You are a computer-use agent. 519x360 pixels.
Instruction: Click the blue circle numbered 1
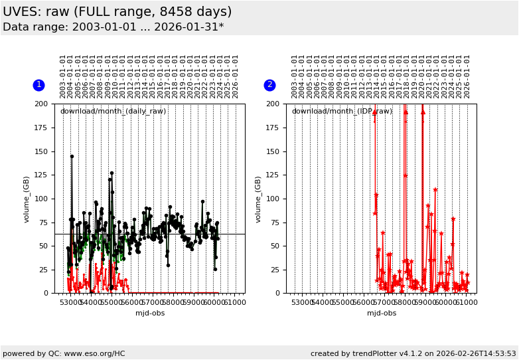click(x=38, y=85)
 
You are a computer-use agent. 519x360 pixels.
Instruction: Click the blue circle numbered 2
click(x=269, y=85)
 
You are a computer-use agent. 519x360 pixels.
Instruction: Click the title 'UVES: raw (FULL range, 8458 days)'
click(x=117, y=12)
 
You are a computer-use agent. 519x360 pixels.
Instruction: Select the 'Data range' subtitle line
click(x=113, y=27)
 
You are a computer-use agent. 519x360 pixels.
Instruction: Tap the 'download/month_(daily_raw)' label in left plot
click(x=113, y=111)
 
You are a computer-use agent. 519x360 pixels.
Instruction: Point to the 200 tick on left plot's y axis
click(x=44, y=104)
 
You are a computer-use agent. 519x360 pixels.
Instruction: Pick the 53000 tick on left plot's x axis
click(x=71, y=303)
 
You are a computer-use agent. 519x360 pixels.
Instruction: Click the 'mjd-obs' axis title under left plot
click(x=150, y=313)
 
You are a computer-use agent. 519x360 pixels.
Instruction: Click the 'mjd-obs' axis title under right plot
click(x=382, y=313)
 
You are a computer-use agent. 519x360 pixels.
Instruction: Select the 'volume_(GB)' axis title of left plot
click(x=27, y=199)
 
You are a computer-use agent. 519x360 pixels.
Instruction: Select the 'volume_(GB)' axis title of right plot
click(x=259, y=199)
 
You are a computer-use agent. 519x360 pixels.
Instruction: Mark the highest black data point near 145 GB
click(x=72, y=157)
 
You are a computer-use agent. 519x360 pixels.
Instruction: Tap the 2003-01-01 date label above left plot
click(x=63, y=76)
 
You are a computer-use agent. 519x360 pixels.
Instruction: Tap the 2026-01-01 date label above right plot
click(x=467, y=76)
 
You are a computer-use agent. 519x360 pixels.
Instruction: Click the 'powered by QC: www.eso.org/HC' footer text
click(x=64, y=353)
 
